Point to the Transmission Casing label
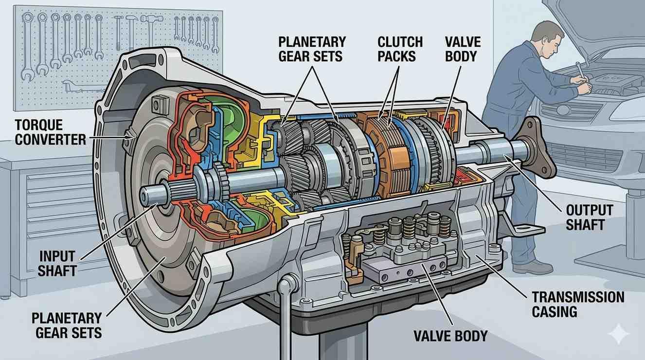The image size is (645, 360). [578, 304]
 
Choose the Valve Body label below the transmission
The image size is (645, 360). [450, 335]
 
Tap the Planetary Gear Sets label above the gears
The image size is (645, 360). [312, 49]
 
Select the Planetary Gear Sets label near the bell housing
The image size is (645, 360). [67, 326]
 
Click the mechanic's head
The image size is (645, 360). [544, 37]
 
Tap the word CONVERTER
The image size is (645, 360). [51, 140]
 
